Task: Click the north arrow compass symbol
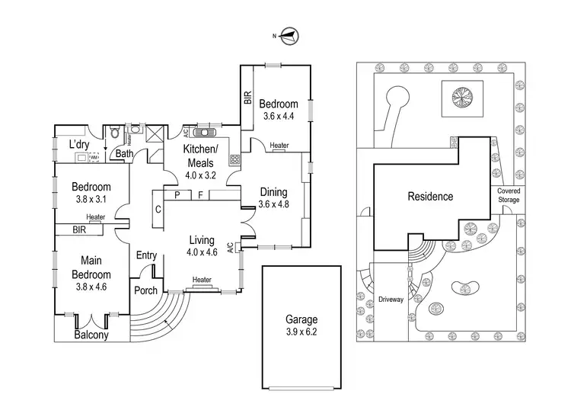click(x=288, y=34)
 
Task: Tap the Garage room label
click(x=302, y=319)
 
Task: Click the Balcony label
click(x=91, y=335)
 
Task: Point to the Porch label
click(x=145, y=290)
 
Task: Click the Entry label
click(x=146, y=255)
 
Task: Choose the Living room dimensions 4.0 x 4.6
click(x=202, y=252)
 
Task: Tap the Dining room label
click(x=274, y=192)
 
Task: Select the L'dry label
click(x=81, y=144)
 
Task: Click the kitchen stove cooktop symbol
click(x=234, y=160)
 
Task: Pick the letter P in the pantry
click(x=177, y=195)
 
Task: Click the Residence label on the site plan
click(x=430, y=196)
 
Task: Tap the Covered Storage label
click(x=509, y=195)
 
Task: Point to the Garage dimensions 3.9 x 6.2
click(x=302, y=332)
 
